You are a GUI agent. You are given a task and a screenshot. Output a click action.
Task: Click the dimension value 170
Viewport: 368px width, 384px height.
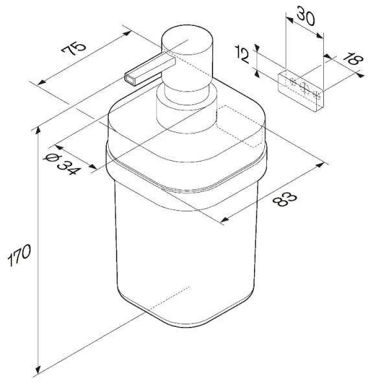point(19,255)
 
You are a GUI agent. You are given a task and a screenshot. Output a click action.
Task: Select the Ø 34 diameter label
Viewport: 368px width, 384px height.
point(62,163)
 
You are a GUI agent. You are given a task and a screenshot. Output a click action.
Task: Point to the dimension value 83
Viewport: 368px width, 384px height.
point(284,199)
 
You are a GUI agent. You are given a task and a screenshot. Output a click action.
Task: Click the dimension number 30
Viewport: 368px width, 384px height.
point(306,17)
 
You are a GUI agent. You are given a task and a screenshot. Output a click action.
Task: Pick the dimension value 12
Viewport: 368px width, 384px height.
point(242,56)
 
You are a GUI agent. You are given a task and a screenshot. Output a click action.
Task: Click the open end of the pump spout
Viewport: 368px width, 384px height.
point(130,79)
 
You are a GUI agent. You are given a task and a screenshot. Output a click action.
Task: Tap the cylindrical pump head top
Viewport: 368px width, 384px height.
point(187,40)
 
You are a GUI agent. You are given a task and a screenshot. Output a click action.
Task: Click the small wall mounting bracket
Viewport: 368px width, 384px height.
point(301,91)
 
